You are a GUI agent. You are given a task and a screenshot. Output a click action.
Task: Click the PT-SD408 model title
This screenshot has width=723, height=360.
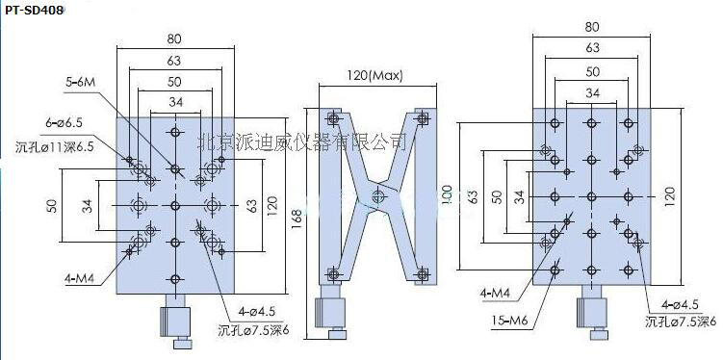(33, 11)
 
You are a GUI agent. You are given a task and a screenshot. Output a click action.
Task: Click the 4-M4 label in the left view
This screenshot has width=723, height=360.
(82, 278)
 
